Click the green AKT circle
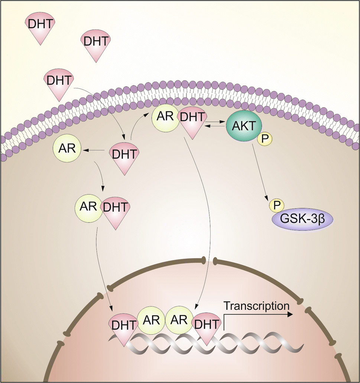pos(244,126)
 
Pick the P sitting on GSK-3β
pos(276,205)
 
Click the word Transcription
pos(256,306)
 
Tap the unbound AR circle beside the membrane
pos(67,149)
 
